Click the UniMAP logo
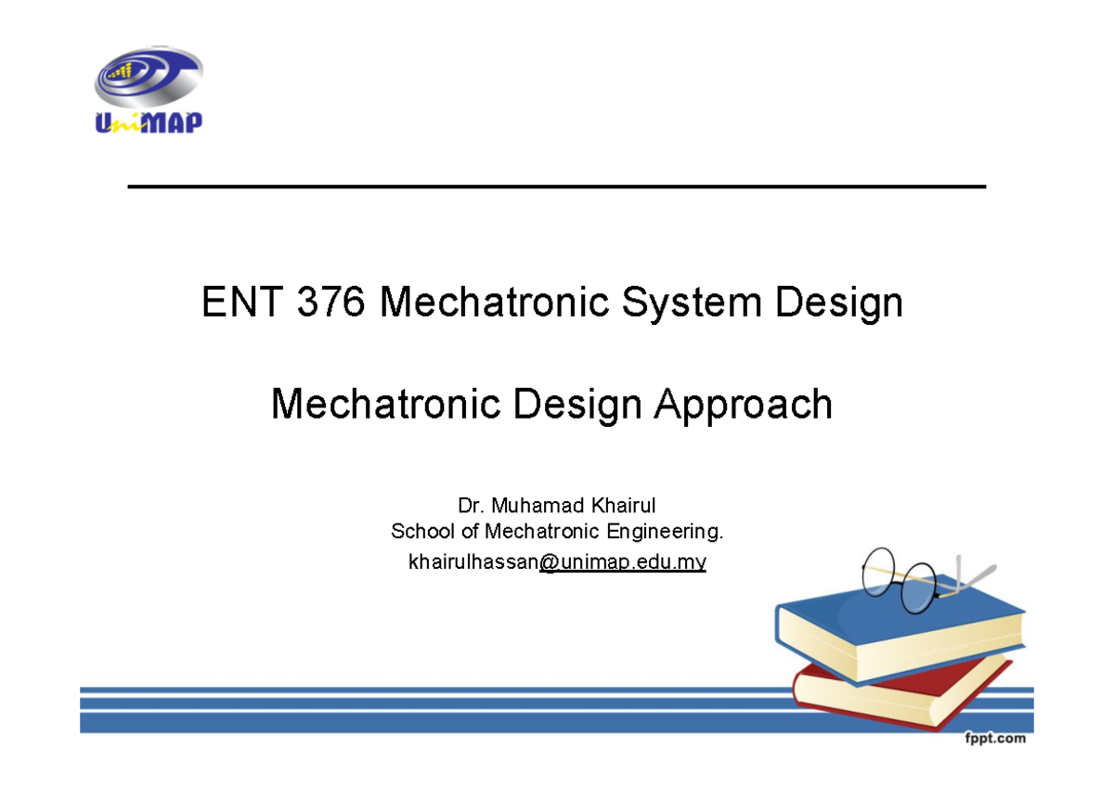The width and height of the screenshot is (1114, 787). [x=149, y=93]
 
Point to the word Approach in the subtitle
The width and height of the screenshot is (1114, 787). [x=743, y=405]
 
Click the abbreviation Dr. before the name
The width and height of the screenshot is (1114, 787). [x=471, y=506]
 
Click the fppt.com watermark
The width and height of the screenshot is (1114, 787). [x=993, y=739]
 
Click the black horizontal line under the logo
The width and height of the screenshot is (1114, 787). [x=557, y=187]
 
